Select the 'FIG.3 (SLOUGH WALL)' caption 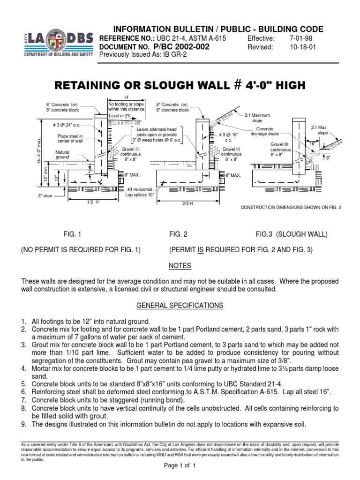(x=292, y=233)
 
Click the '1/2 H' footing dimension (x=92, y=202)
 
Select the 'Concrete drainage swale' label (x=265, y=132)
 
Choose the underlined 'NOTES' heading (x=180, y=266)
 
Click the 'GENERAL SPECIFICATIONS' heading (x=180, y=306)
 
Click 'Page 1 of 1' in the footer (x=180, y=466)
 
